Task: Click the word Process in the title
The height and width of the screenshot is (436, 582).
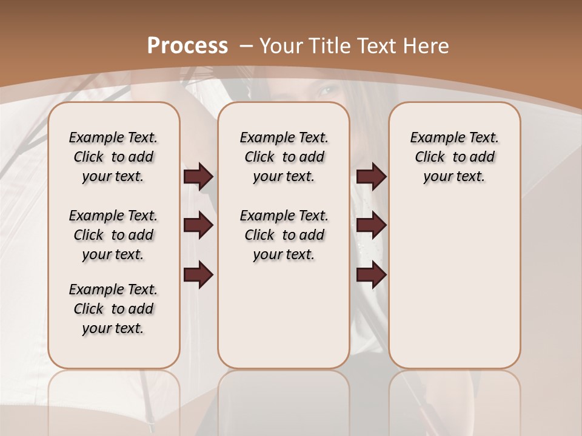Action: pos(187,46)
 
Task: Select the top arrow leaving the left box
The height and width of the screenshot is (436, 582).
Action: pos(198,177)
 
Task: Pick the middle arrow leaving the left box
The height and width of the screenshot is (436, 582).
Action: pos(198,226)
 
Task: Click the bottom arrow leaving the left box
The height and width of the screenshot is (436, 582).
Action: pos(198,275)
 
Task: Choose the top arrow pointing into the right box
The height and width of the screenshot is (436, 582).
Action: pos(371,177)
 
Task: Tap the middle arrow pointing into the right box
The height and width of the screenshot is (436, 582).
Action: pos(371,226)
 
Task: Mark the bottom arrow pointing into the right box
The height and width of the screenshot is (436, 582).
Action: pos(371,275)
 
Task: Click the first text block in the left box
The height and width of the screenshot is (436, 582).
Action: pos(113,157)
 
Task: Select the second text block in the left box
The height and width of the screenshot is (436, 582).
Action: pos(113,235)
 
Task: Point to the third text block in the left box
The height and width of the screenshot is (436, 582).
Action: pos(113,309)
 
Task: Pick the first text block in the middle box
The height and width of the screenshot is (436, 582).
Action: pos(284,157)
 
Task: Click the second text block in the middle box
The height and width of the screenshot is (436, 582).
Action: pos(284,235)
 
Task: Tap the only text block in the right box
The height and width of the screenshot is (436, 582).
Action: pos(454,157)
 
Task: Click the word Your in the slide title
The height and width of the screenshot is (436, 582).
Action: pos(281,46)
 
